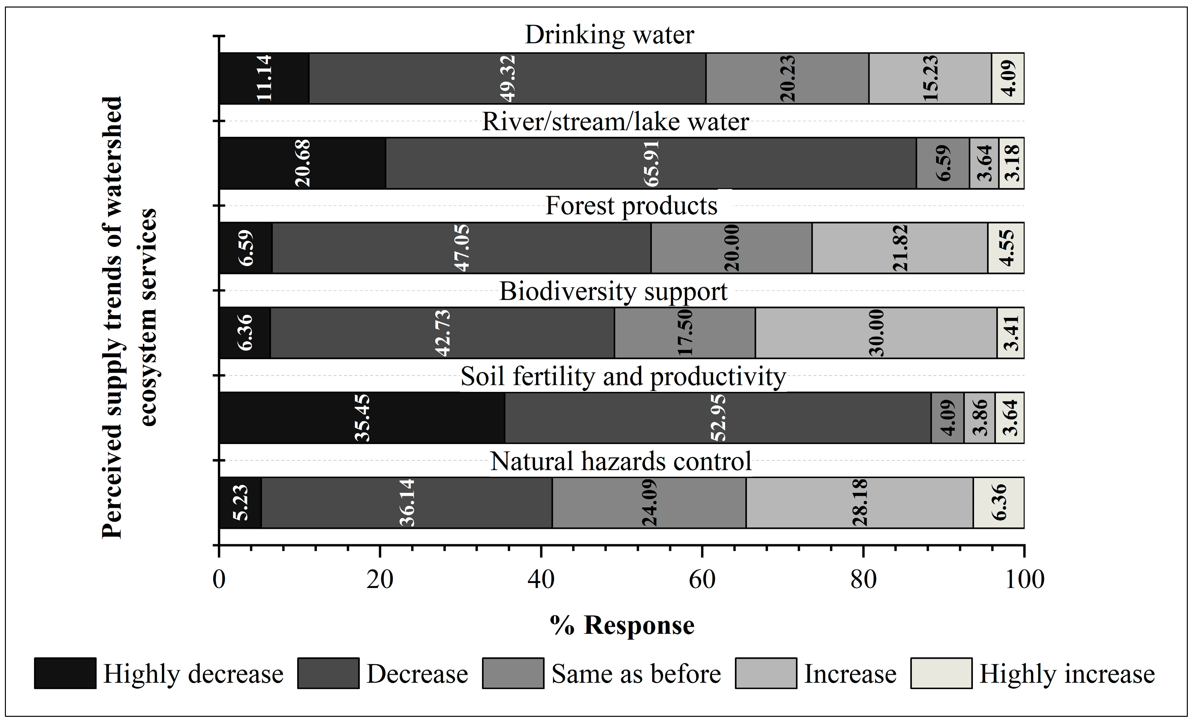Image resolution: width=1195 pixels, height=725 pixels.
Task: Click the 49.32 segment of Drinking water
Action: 507,78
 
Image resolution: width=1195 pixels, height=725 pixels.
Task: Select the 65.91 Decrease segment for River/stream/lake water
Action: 651,163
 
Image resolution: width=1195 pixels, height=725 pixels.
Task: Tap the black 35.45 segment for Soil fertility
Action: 362,417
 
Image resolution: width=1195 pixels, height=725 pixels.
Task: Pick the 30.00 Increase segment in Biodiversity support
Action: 876,333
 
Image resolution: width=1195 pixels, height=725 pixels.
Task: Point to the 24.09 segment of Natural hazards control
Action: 649,503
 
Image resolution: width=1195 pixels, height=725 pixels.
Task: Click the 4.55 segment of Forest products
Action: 1006,248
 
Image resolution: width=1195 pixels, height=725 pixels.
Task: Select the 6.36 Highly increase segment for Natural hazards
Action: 998,503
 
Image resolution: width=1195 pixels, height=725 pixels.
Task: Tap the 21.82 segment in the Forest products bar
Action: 900,248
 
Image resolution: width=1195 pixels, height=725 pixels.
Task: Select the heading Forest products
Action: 631,206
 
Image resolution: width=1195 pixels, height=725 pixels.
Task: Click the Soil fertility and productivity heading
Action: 623,376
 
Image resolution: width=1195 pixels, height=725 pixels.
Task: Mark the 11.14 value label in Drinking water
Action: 264,78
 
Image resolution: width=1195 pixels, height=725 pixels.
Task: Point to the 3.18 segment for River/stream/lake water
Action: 1011,163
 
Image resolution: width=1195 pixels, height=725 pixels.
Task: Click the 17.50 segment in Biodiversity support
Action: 685,333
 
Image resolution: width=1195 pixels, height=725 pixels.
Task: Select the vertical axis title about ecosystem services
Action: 130,318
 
